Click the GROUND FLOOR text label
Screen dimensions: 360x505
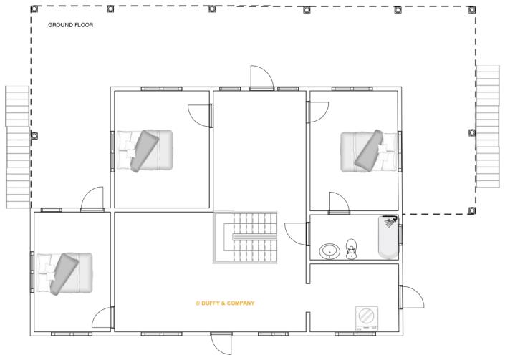pyautogui.click(x=70, y=25)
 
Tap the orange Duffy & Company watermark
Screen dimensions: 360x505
pyautogui.click(x=225, y=303)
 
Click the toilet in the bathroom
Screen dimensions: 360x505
pyautogui.click(x=352, y=249)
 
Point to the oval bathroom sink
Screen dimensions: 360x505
pyautogui.click(x=330, y=251)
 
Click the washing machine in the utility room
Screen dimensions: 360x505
pyautogui.click(x=366, y=316)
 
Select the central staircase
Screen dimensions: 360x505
pyautogui.click(x=245, y=237)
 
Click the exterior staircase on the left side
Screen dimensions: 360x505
pyautogui.click(x=16, y=146)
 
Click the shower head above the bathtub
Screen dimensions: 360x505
pyautogui.click(x=390, y=221)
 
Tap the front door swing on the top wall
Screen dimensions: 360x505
pyautogui.click(x=260, y=77)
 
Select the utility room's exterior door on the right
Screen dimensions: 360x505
pyautogui.click(x=410, y=297)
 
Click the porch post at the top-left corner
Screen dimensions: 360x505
pyautogui.click(x=33, y=9)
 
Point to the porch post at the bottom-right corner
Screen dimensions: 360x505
pyautogui.click(x=471, y=210)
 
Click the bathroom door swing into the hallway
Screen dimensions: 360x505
pyautogui.click(x=297, y=233)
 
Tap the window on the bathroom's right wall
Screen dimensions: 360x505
pyautogui.click(x=400, y=234)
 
